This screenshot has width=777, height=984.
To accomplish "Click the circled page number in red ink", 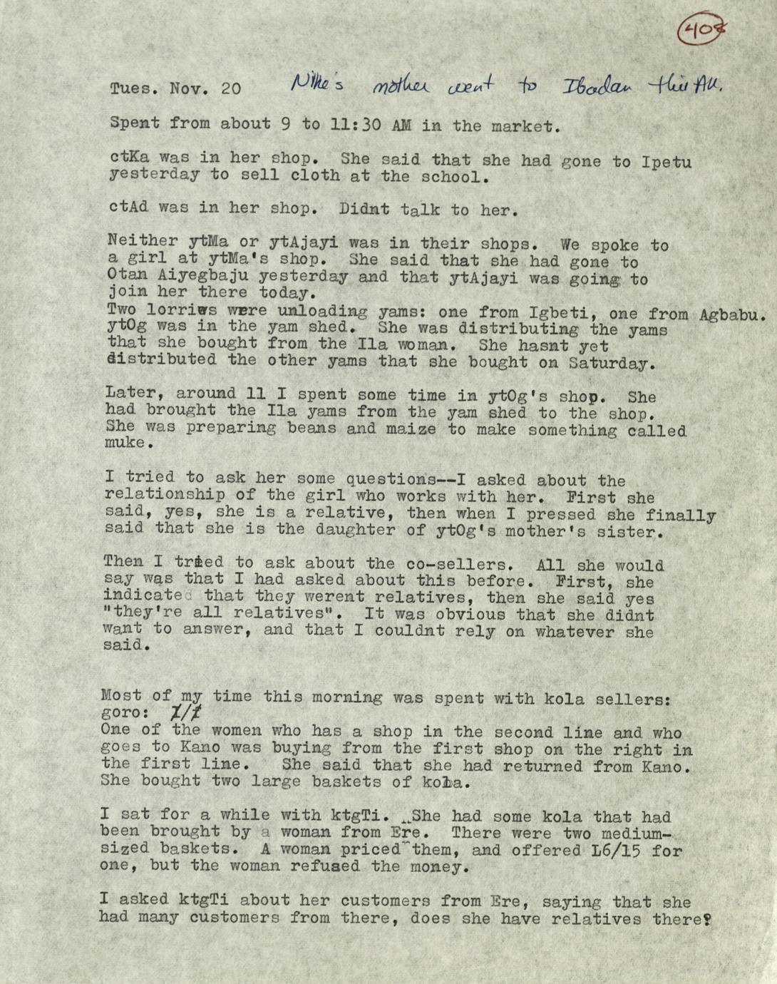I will (701, 29).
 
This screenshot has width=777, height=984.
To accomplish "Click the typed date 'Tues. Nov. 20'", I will (175, 89).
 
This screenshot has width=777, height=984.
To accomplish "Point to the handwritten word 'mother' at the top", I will (399, 86).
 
